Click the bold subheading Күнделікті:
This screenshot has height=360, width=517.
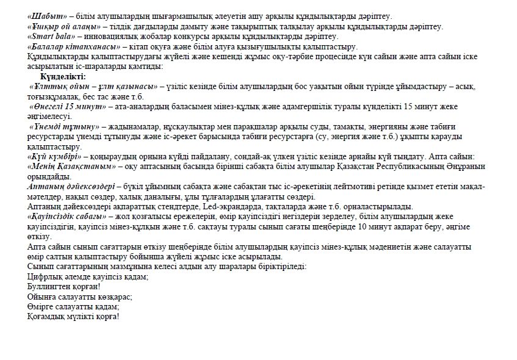pos(63,76)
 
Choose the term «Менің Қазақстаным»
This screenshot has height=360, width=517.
pos(72,165)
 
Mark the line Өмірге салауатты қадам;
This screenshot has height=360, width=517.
pos(73,306)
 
